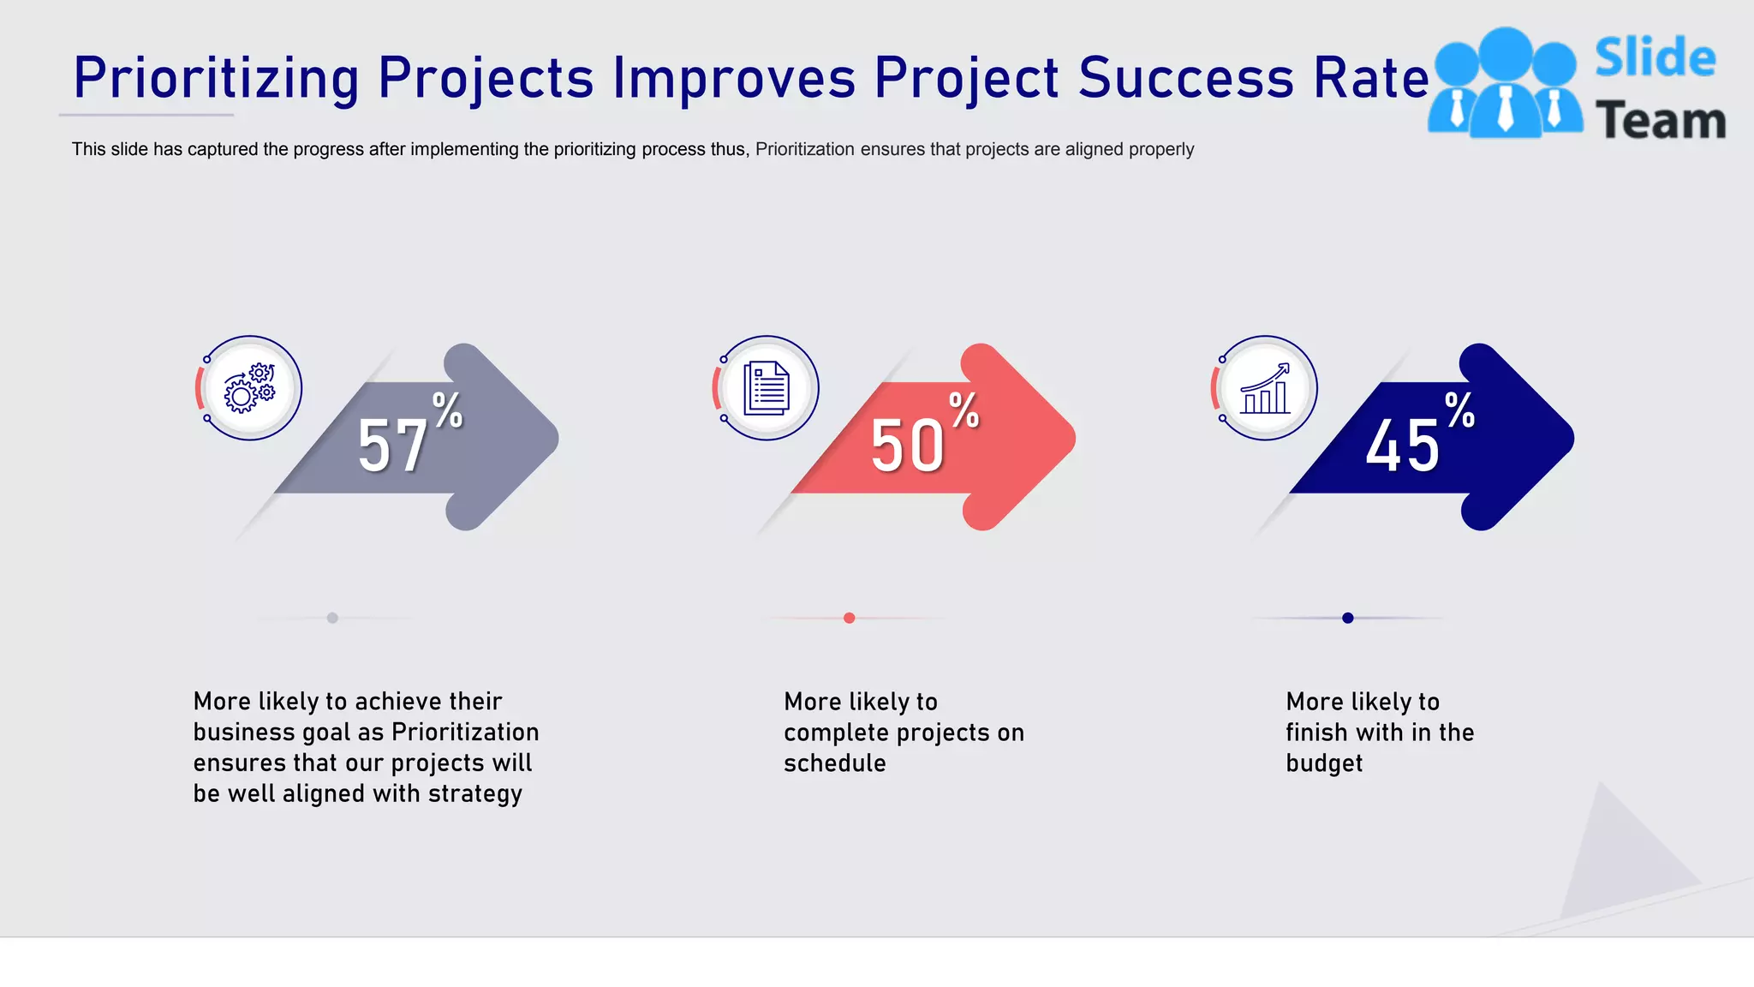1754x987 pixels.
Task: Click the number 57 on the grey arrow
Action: coord(392,446)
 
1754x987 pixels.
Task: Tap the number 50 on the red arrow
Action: coord(907,446)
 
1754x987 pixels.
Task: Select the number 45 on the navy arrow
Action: coord(1402,446)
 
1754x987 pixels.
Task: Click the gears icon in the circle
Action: coord(249,388)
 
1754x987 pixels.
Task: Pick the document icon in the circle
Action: coord(767,388)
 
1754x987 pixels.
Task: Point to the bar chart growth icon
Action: coord(1265,388)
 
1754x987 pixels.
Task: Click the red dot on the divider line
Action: coord(849,618)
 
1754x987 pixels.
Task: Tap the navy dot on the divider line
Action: coord(1347,618)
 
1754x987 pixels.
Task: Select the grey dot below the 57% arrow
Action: coord(332,618)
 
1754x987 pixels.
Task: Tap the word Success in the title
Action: coord(1185,79)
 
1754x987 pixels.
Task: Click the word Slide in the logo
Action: coord(1655,58)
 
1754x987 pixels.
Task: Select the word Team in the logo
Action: coord(1660,121)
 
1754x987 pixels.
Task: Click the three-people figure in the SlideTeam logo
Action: coord(1505,84)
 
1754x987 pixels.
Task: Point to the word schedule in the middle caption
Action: coord(834,763)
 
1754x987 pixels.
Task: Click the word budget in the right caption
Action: coord(1323,763)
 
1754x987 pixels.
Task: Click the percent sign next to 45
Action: coord(1459,410)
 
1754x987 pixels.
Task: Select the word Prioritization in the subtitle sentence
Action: coord(804,149)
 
